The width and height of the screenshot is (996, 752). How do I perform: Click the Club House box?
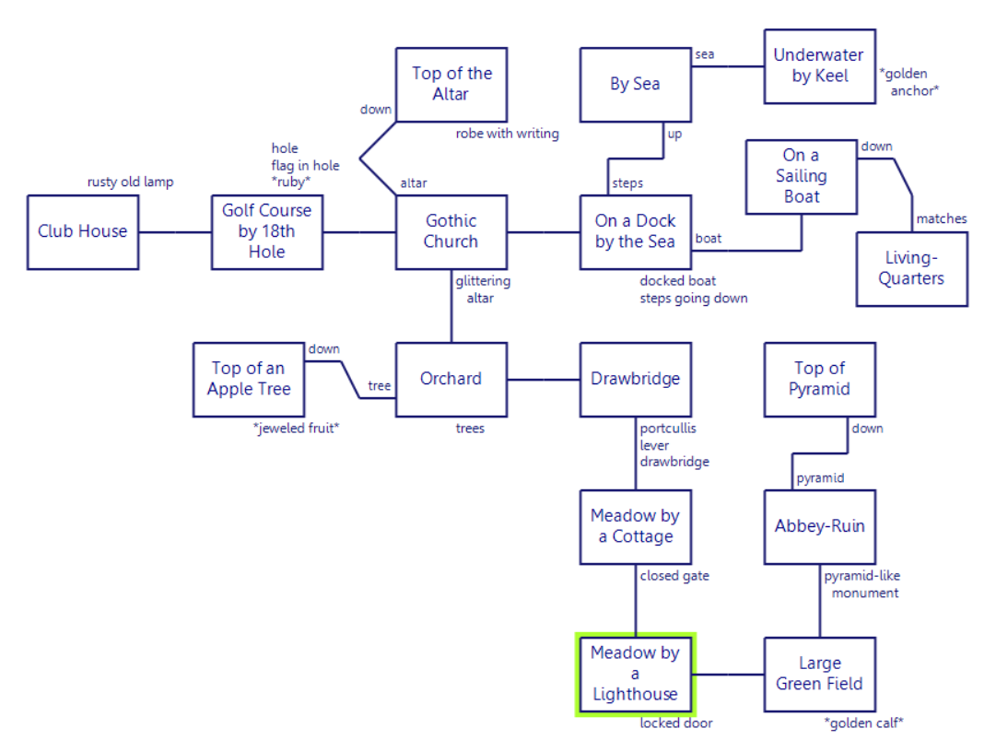83,231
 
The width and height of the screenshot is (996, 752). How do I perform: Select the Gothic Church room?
451,231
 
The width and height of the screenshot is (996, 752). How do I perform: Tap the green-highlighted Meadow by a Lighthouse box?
636,674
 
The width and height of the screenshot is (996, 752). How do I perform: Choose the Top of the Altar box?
451,84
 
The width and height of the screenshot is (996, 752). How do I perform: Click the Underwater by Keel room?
819,65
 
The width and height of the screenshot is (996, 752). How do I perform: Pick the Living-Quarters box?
912,268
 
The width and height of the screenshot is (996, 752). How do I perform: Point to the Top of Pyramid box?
819,379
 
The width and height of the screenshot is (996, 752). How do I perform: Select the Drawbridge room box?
636,379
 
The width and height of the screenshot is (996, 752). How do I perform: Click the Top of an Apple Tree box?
249,379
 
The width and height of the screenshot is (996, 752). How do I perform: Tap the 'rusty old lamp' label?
130,182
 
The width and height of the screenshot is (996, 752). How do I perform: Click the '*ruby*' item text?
291,182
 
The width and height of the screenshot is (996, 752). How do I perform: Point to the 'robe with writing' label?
507,134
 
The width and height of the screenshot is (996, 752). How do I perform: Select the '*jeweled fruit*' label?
296,429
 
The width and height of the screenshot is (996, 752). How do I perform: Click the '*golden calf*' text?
863,723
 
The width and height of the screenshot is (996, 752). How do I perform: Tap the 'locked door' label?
676,723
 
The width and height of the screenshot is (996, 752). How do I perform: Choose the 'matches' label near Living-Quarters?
941,218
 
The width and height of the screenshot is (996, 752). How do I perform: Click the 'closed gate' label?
674,576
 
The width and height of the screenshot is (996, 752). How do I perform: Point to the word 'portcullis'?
668,429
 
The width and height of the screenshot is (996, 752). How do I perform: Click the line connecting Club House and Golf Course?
175,231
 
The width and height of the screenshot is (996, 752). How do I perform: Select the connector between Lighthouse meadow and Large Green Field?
730,674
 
